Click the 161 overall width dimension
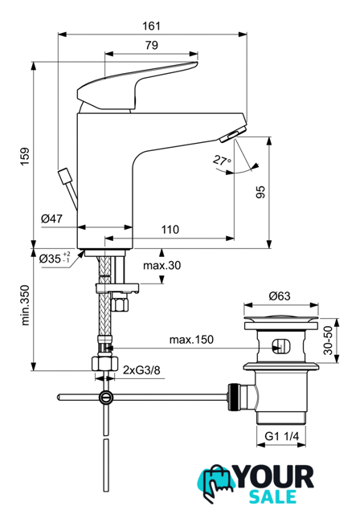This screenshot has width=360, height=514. click(152, 26)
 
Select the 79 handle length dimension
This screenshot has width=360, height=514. click(152, 45)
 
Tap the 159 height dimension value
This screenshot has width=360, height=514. click(25, 157)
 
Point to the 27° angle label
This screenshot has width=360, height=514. click(222, 161)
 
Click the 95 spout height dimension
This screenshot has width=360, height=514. click(260, 192)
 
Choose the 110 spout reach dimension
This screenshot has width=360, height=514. click(170, 230)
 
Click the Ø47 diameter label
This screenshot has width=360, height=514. click(51, 218)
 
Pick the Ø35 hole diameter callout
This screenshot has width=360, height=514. click(55, 258)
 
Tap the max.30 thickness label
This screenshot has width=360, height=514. click(162, 265)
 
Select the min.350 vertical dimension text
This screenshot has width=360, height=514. click(25, 305)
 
